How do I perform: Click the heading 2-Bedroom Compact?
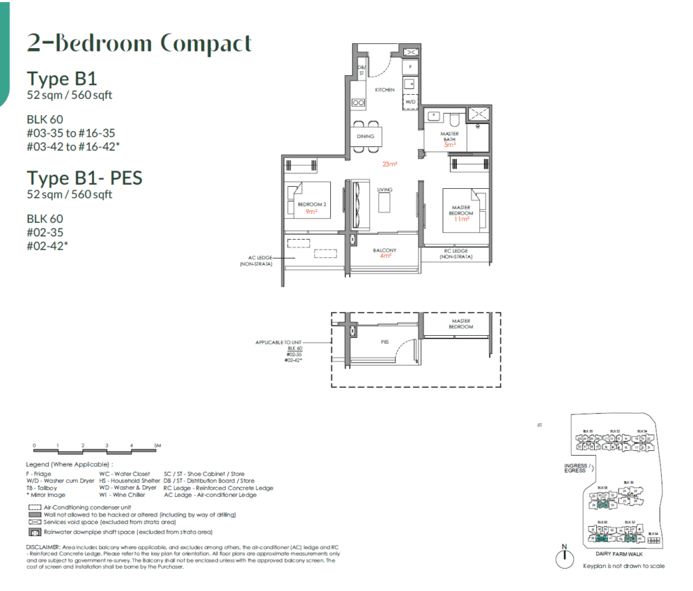pos(139,43)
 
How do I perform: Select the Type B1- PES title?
pos(85,178)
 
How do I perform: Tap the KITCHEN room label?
pos(384,89)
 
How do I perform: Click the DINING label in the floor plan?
pos(365,137)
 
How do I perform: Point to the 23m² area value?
pos(389,164)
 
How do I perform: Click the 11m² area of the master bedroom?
pos(462,219)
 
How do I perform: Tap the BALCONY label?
pos(384,250)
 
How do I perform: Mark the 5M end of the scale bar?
pos(156,446)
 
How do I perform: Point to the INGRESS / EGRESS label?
pos(577,468)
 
